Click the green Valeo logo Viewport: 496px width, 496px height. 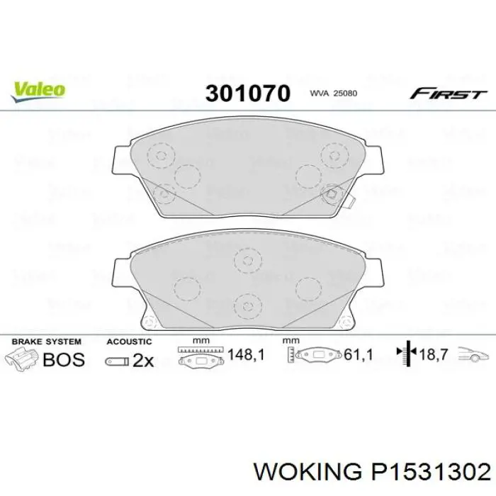coord(38,91)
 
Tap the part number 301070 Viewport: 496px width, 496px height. coord(248,94)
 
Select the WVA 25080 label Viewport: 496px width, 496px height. coord(334,94)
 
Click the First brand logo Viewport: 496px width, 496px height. coord(448,94)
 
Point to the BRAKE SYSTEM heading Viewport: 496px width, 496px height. coord(47,342)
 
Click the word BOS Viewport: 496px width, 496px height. coord(64,360)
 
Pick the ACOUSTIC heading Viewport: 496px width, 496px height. coord(129,342)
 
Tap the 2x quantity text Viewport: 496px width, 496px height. coord(143,361)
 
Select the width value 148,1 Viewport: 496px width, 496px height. coord(246,355)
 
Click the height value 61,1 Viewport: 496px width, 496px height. coord(358,355)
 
